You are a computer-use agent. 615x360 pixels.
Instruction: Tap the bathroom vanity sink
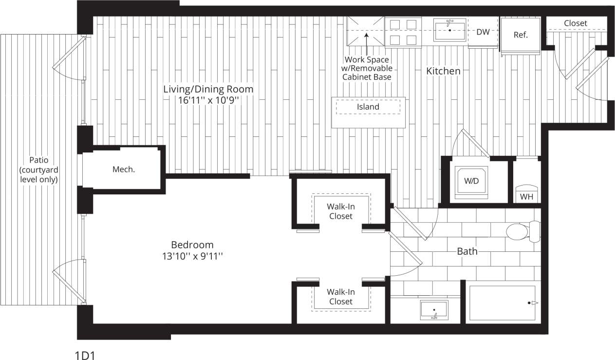(434, 310)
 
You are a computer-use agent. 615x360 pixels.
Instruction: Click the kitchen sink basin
(449, 29)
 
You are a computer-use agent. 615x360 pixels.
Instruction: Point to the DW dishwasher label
(483, 32)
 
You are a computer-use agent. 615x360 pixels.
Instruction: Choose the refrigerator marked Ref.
(521, 35)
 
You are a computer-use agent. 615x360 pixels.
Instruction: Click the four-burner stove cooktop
(403, 32)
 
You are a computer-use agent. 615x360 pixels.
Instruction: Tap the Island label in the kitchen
(368, 107)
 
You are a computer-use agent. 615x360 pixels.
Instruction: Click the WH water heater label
(526, 197)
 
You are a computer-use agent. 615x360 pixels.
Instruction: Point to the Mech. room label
(124, 170)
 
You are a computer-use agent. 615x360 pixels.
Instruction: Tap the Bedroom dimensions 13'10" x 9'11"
(192, 256)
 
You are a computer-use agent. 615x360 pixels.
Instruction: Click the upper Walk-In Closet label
(340, 211)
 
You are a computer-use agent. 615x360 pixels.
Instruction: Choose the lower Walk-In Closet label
(340, 297)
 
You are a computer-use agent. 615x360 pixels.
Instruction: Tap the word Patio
(39, 160)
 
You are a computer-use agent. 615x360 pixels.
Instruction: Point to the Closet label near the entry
(576, 23)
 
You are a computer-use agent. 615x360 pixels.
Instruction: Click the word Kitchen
(443, 71)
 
